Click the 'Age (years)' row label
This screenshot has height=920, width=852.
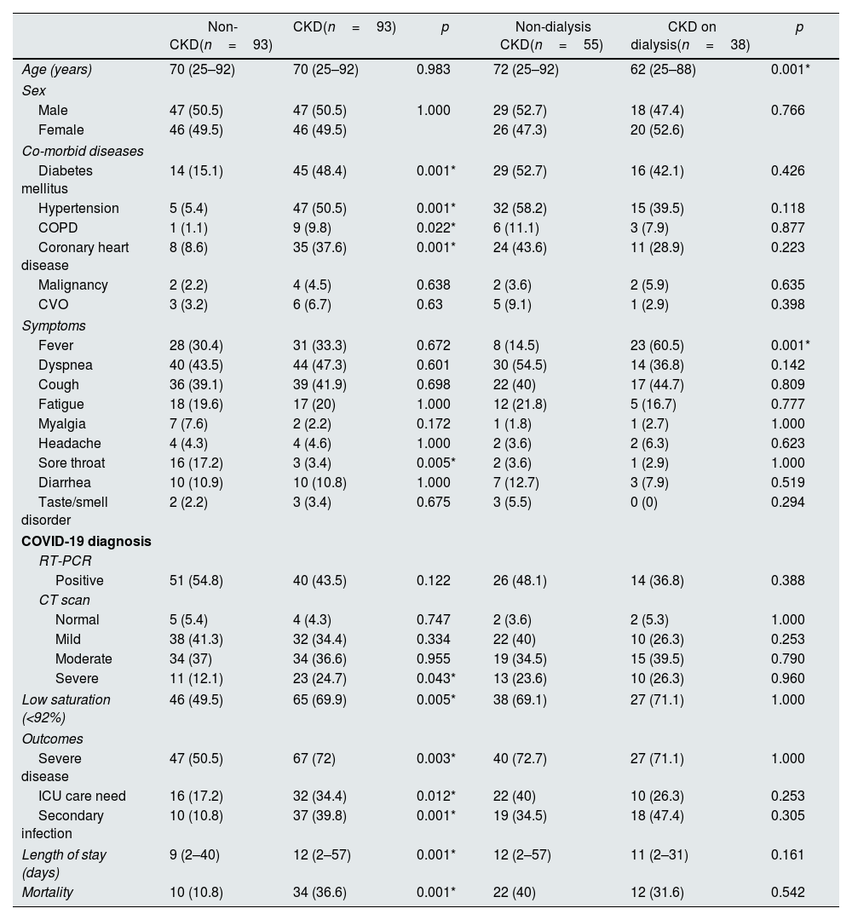(57, 70)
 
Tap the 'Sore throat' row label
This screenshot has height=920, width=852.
(71, 463)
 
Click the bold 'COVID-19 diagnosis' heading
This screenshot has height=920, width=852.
(86, 541)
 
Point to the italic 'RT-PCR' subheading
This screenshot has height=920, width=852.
(65, 561)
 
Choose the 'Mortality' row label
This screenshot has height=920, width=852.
(47, 892)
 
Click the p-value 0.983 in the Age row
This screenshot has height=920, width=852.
(434, 70)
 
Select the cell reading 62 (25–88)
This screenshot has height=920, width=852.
(662, 70)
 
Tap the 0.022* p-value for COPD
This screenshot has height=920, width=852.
(436, 227)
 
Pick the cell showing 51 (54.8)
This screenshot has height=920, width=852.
(196, 580)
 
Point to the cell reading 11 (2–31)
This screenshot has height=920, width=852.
(659, 854)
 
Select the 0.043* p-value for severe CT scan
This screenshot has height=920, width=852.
(436, 679)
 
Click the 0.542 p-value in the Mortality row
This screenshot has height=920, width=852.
(788, 892)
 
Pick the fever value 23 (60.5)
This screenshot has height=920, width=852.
(656, 345)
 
